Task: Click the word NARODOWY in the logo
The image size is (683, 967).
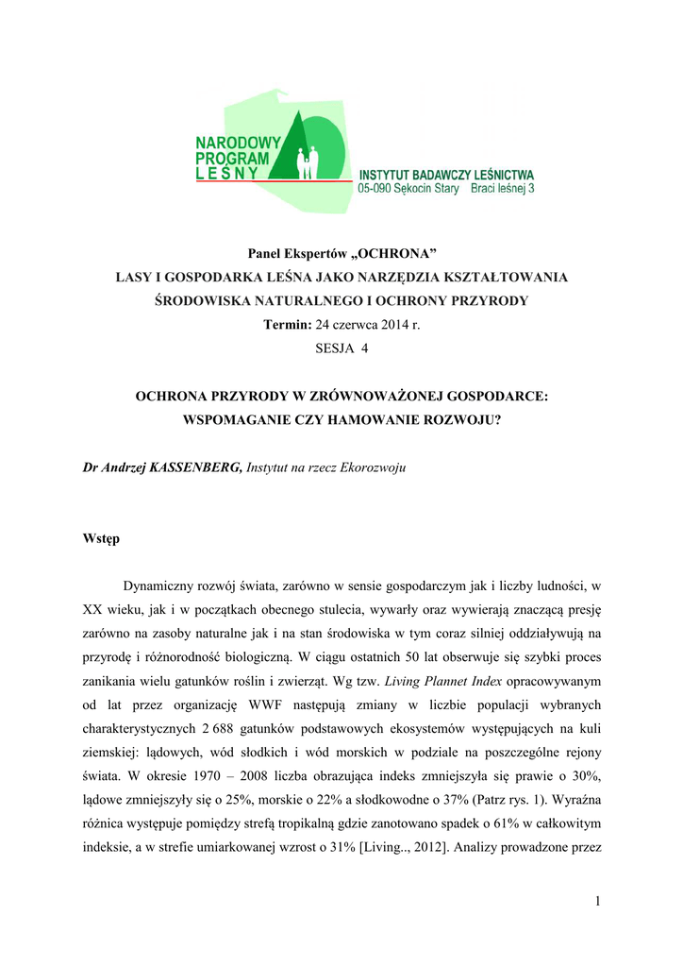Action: click(232, 143)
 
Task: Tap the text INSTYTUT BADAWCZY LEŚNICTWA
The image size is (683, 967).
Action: click(446, 175)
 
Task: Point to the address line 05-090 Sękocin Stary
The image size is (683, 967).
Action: click(408, 189)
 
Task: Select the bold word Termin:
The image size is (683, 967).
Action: click(286, 324)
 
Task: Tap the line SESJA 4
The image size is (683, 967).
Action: click(341, 348)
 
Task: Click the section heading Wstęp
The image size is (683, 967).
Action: click(102, 540)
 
